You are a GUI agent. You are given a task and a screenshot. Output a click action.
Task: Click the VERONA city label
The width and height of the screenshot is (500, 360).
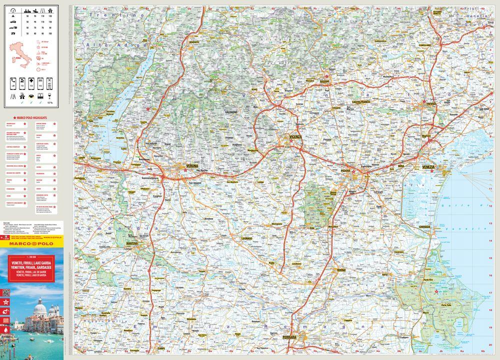pos(192,165)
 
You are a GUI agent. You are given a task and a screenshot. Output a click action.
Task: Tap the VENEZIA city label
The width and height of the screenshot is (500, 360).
pos(429,166)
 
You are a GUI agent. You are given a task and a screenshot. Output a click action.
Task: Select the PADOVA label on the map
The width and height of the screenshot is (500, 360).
pos(346,169)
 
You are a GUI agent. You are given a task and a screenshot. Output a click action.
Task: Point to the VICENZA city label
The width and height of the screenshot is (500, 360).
pos(295,136)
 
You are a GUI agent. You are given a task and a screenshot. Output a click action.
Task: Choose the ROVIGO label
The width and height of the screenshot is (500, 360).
pos(341,270)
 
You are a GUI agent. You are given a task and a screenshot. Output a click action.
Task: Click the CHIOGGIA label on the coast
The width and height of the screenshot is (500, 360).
pos(424,226)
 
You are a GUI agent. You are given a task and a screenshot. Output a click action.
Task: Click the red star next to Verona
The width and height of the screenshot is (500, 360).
pos(185,171)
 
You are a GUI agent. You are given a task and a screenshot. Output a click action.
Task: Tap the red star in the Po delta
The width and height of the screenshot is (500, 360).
pos(436,292)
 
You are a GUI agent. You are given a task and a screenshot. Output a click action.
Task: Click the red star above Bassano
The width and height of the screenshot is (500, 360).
pos(326,76)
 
